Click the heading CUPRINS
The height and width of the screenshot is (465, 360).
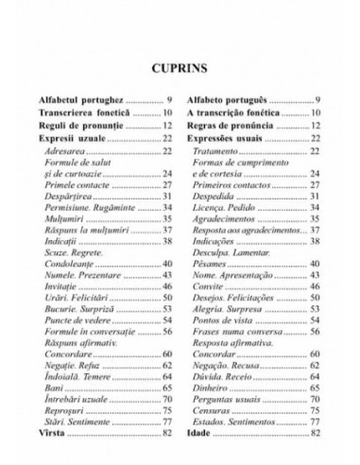click(x=180, y=68)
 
